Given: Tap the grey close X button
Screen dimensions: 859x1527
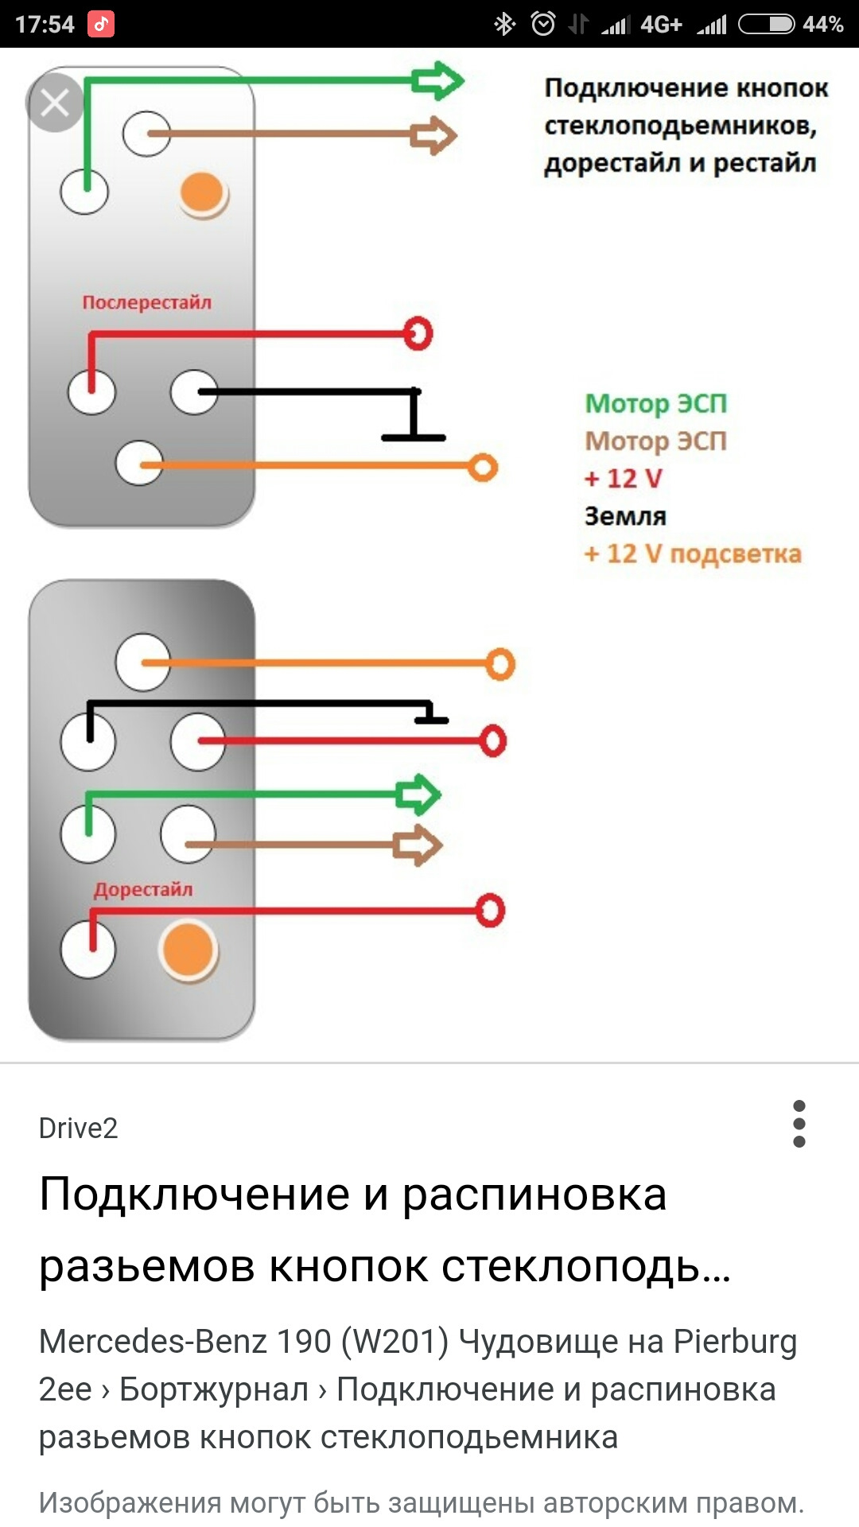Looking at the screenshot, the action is [x=55, y=103].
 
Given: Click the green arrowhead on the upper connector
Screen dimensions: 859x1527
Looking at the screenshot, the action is [x=437, y=80].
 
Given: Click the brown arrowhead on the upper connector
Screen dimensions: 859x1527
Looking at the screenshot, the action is [x=434, y=134].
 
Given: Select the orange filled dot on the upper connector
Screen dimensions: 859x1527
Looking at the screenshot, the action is [x=203, y=193].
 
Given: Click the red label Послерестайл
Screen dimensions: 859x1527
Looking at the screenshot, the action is [x=147, y=302].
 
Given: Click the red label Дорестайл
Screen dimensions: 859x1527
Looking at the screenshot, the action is [x=143, y=889].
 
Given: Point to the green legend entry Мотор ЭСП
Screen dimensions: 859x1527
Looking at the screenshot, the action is [x=655, y=403].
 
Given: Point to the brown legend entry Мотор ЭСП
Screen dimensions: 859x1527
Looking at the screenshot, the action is [x=655, y=441].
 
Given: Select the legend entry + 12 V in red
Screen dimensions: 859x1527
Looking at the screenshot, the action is [x=623, y=478].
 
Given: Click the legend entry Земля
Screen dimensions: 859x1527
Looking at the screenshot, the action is [x=625, y=516].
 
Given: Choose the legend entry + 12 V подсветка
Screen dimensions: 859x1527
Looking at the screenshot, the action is [x=692, y=554].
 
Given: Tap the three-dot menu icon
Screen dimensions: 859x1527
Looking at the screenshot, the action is [x=799, y=1124].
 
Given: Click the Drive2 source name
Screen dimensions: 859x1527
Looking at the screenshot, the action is [x=78, y=1128].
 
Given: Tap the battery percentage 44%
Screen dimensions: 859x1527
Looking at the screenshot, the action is [x=822, y=25].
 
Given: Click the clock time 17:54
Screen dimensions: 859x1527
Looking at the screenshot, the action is [x=45, y=25].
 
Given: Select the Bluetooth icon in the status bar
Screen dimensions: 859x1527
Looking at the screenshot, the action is [x=504, y=25].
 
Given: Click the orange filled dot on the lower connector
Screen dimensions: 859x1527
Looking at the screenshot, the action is [x=188, y=950].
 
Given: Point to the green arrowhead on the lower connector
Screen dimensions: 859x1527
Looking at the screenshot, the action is [x=418, y=795].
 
